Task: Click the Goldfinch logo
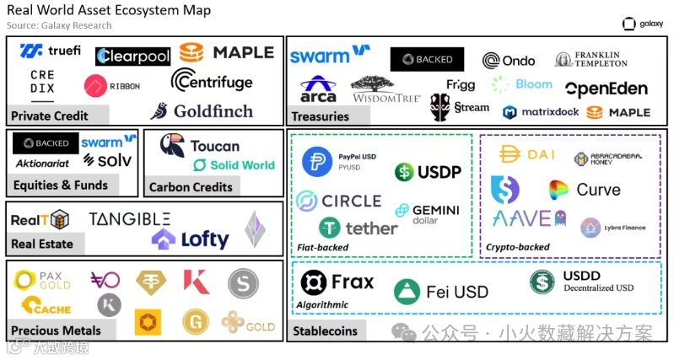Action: click(x=202, y=111)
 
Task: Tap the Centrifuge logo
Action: click(x=212, y=81)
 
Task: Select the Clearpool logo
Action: click(x=133, y=56)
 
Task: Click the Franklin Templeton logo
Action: click(x=591, y=59)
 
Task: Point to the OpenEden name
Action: click(x=607, y=89)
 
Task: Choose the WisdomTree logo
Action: click(x=386, y=90)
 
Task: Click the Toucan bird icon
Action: click(x=172, y=147)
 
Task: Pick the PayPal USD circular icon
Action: click(x=317, y=163)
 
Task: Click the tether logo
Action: click(x=358, y=228)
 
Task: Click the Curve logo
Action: click(x=585, y=190)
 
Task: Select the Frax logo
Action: click(x=337, y=282)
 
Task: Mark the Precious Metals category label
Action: click(x=57, y=330)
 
